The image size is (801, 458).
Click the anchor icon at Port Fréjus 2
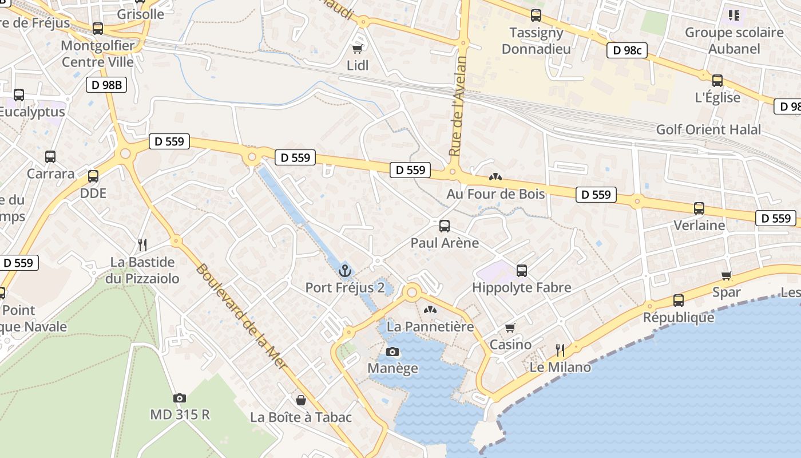pos(344,270)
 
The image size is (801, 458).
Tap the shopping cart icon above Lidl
pos(358,49)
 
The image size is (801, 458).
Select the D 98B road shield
pos(106,85)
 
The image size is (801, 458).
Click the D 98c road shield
pos(626,50)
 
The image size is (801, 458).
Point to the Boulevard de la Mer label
pos(241,316)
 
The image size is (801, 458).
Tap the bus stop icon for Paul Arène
pos(445,226)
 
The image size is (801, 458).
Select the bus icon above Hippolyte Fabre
pos(521,270)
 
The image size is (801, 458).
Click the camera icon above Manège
pos(392,352)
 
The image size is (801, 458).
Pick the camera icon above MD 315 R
pos(180,397)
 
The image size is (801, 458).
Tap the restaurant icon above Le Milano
pos(560,350)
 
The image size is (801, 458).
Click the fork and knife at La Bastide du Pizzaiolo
pos(142,245)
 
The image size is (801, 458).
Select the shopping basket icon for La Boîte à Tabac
pos(300,400)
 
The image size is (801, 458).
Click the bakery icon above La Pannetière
pos(430,310)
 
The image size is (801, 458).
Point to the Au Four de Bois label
pos(495,194)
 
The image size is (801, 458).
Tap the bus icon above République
pos(679,300)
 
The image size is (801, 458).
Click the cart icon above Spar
pos(727,275)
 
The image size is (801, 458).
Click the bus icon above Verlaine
pos(699,208)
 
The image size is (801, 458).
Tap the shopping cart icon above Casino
pos(510,327)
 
